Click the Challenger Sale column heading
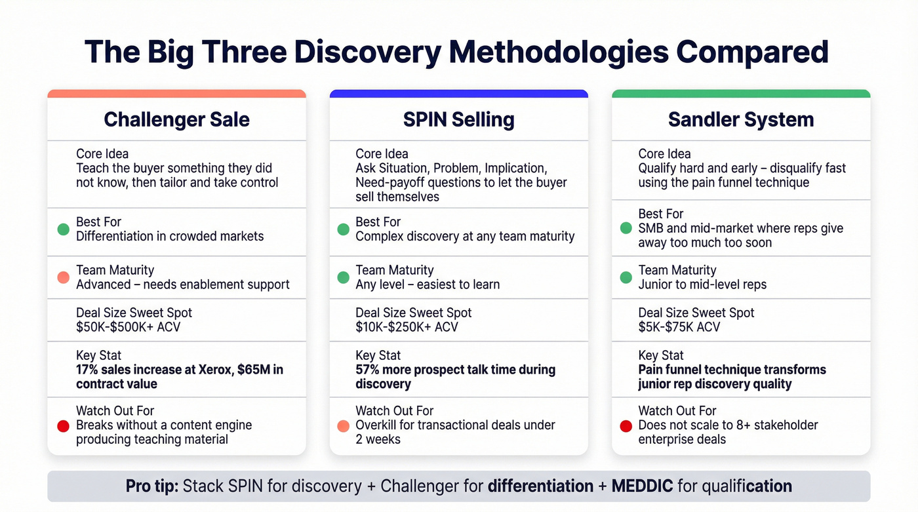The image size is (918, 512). point(176,119)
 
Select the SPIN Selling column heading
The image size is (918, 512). point(458,119)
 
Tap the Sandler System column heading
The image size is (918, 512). point(741,119)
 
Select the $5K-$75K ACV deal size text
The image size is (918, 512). point(679,327)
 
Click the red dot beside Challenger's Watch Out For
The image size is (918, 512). point(63,426)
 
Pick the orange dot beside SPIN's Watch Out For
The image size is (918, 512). point(343,426)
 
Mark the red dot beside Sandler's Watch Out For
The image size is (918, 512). point(626,426)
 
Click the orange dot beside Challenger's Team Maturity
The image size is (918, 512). point(63,277)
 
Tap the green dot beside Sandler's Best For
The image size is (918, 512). point(626,229)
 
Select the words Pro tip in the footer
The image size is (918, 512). point(152,486)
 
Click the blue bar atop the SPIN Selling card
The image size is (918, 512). point(458,94)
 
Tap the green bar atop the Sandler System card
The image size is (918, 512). point(741,94)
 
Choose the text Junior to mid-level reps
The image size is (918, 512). point(702,285)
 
